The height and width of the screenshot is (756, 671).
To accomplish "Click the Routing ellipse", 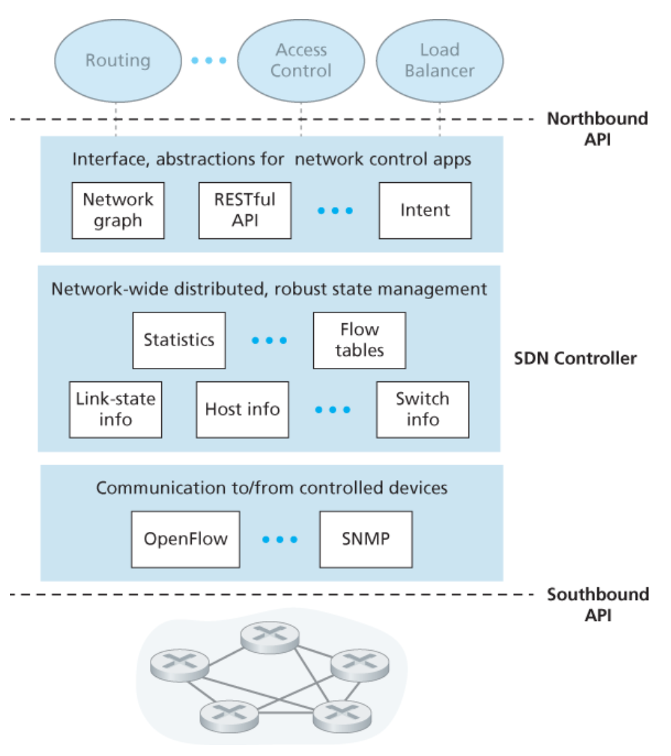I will (x=117, y=61).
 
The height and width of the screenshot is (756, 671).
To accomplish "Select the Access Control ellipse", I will (x=301, y=61).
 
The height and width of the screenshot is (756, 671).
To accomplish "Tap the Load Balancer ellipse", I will (x=439, y=61).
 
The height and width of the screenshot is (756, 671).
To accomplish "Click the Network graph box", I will (x=118, y=210).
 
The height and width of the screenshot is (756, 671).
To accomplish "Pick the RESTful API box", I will (x=245, y=210).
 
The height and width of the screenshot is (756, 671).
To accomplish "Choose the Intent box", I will (x=425, y=210).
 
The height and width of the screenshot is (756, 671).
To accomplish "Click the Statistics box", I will (x=179, y=340).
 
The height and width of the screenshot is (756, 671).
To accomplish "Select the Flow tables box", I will (x=360, y=340).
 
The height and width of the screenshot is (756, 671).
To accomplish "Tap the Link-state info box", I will (x=115, y=410).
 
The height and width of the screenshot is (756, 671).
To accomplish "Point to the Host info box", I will (x=242, y=410).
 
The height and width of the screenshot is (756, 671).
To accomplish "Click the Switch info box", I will (x=423, y=410).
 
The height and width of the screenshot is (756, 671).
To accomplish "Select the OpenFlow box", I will (x=186, y=539).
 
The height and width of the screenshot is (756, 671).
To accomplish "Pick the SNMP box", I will (x=366, y=539).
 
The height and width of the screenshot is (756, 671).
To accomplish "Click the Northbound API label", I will (x=597, y=129).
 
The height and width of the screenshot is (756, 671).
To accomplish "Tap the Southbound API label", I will (x=597, y=605).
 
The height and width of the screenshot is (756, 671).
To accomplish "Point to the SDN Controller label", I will (x=575, y=358).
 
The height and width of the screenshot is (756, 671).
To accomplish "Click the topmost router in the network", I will (x=270, y=637).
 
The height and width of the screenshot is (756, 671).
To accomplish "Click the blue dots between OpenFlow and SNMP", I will (x=279, y=539).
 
